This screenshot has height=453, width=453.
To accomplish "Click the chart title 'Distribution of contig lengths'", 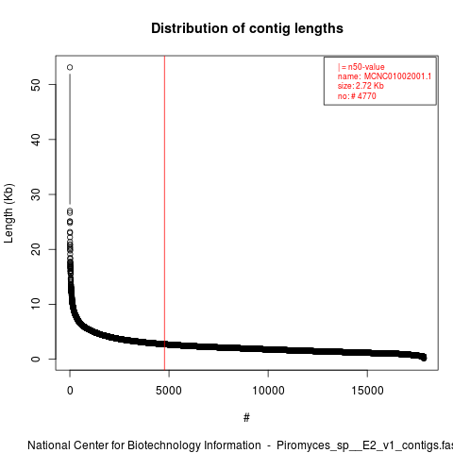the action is (247, 28).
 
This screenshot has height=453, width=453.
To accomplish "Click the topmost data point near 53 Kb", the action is (70, 67).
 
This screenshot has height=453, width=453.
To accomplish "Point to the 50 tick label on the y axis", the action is (36, 85).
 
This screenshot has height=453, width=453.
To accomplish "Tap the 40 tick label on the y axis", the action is (36, 140).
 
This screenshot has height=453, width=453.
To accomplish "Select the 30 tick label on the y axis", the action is (36, 194).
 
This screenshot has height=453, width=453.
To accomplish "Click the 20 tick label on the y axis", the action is (36, 249).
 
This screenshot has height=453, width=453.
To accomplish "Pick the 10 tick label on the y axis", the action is (36, 304).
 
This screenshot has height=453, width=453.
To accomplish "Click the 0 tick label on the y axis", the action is (36, 359).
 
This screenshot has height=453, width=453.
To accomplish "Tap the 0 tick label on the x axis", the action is (70, 391).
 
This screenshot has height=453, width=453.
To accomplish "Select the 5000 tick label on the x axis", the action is (169, 391).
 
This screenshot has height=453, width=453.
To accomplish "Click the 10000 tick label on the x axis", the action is (268, 391).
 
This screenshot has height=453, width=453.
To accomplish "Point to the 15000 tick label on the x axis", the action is (367, 391).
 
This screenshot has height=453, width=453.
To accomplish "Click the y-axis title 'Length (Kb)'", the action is (8, 213).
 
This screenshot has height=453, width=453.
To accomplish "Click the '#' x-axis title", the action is (246, 418).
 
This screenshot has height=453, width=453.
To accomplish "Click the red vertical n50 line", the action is (164, 213).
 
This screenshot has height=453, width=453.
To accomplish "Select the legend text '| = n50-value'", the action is (361, 67).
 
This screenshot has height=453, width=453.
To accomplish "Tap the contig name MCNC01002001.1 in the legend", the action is (397, 76).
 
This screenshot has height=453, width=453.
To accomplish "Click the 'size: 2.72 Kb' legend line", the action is (361, 86).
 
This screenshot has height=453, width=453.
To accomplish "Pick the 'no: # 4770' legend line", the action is (357, 96).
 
